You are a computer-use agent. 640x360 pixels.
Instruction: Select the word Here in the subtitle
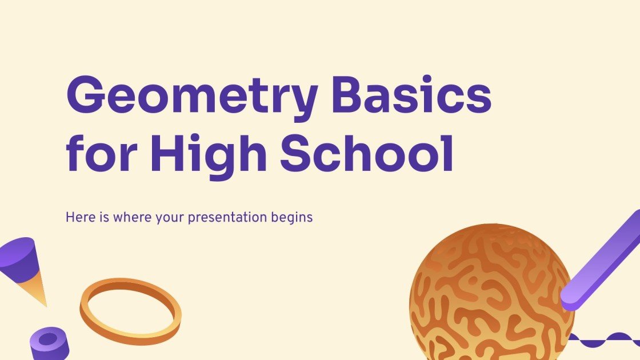[77, 217]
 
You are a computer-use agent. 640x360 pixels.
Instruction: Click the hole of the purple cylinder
[48, 338]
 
